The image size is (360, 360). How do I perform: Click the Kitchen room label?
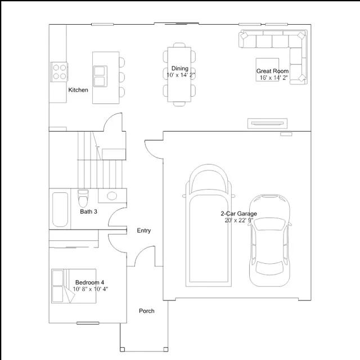78,90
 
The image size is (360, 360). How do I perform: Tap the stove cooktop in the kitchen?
59,72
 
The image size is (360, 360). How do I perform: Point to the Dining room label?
180,69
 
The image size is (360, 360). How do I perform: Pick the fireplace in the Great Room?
267,123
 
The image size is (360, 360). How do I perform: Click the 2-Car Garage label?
238,214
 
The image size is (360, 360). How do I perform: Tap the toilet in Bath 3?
83,198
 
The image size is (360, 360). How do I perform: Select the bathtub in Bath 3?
60,209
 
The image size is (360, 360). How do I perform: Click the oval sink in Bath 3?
112,196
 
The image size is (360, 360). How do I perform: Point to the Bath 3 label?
88,211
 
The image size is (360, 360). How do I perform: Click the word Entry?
144,230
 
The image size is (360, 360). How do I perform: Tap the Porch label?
146,311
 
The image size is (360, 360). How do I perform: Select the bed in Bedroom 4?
74,286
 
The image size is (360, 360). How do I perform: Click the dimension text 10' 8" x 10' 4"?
91,289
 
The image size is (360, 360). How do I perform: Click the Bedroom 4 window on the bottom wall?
88,323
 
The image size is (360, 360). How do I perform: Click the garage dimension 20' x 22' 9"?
238,220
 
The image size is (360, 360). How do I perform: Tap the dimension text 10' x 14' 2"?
181,75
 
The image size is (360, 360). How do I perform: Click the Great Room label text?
272,71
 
